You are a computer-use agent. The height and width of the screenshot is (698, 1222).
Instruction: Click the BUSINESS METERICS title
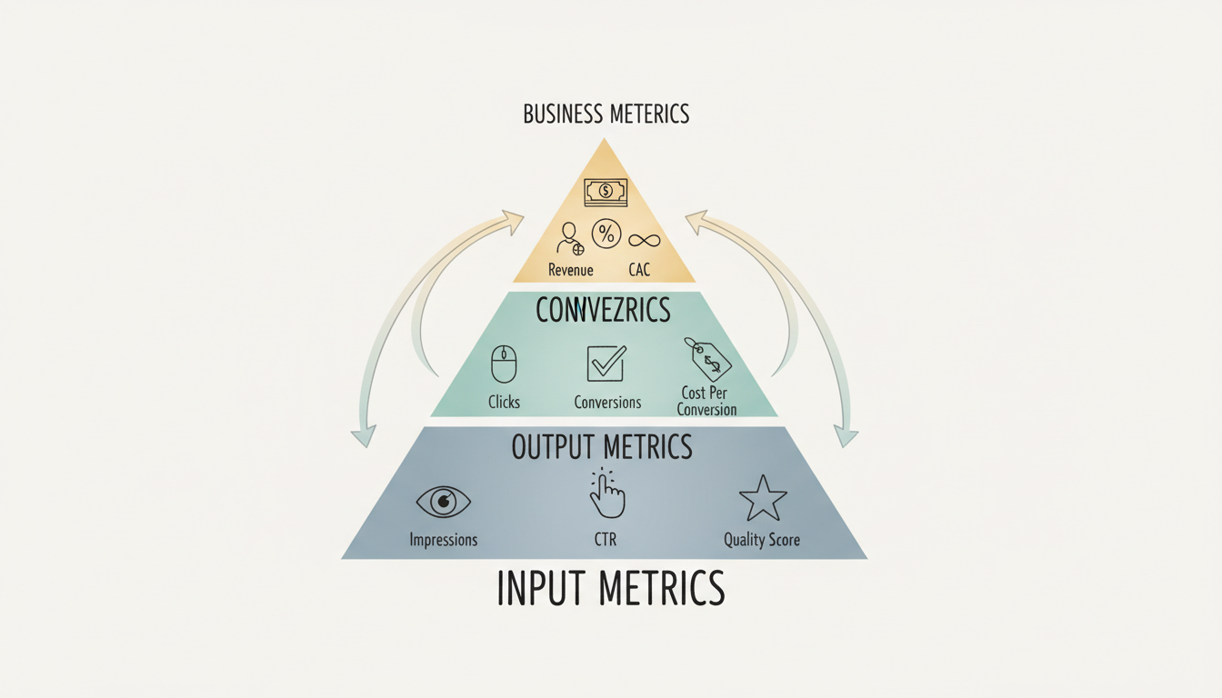[x=606, y=115]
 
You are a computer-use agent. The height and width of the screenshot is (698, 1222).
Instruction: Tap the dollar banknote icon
[x=605, y=192]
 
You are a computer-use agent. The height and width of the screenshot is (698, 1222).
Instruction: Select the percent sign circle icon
[x=606, y=234]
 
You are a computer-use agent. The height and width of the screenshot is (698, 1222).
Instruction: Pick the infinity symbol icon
[x=643, y=240]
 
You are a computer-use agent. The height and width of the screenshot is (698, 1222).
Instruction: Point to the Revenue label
[x=571, y=270]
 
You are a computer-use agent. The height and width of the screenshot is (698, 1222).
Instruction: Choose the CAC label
[x=639, y=270]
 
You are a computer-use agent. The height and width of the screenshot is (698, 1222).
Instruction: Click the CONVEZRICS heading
[x=603, y=311]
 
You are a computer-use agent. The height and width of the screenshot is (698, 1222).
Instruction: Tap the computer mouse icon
[x=504, y=364]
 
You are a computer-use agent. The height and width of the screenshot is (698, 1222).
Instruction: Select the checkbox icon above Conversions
[x=606, y=363]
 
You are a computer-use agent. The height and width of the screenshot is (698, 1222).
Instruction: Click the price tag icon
[x=708, y=359]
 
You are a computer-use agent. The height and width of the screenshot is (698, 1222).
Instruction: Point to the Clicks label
[x=504, y=402]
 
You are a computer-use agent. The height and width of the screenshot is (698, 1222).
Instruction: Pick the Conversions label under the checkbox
[x=607, y=402]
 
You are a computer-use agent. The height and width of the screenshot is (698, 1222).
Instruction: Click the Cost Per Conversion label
[x=706, y=402]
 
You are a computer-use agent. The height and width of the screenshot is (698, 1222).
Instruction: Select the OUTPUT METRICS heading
[x=602, y=447]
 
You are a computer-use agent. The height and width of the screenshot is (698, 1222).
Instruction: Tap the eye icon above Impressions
[x=444, y=501]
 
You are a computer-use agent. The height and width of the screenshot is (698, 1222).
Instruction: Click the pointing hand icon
[x=606, y=494]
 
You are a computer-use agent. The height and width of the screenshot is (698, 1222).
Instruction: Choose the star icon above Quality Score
[x=762, y=498]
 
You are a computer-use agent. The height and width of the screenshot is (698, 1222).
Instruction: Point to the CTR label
[x=606, y=540]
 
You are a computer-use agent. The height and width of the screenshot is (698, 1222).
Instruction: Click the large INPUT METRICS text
[x=611, y=588]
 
